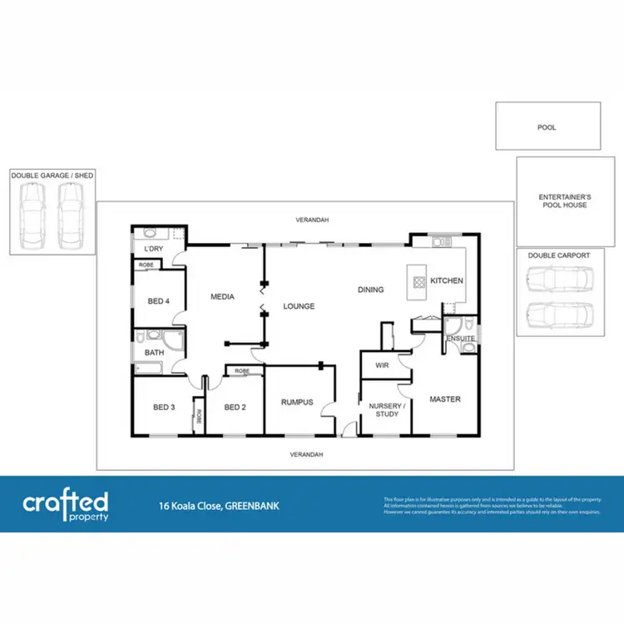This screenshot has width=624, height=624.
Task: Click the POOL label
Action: tap(547, 127)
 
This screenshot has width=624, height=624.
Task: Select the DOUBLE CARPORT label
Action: tap(558, 255)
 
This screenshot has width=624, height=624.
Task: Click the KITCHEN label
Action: tap(447, 280)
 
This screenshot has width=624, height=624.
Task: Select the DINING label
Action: tap(371, 290)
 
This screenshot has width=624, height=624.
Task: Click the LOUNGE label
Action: tap(299, 306)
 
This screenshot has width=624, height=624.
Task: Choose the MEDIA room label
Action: tap(222, 296)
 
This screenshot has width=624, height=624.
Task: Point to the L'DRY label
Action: tap(153, 250)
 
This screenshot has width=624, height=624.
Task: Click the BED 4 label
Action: tap(159, 301)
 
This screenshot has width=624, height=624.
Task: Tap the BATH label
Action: tap(155, 353)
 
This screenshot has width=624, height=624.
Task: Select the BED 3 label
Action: tap(164, 407)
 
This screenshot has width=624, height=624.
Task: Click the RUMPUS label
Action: tap(296, 402)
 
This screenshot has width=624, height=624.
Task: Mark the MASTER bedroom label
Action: tap(445, 399)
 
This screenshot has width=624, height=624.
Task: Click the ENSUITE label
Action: tap(460, 339)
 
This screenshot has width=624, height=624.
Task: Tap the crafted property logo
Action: tap(65, 505)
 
